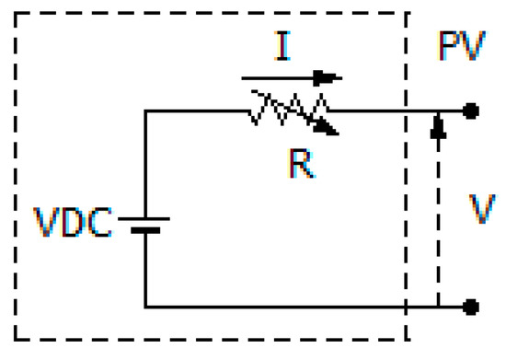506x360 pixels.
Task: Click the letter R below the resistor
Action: (300, 164)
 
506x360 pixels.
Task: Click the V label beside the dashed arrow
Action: (481, 210)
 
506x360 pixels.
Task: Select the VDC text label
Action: (73, 223)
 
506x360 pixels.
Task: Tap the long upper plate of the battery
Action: (144, 219)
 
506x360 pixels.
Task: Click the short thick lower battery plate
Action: (144, 230)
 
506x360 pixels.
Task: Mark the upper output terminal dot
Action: (471, 111)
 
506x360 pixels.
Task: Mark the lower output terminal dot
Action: (471, 306)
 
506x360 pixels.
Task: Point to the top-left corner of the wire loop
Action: (144, 111)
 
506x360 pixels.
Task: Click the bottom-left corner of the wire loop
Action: (144, 306)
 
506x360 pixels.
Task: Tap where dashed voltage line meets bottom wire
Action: (438, 306)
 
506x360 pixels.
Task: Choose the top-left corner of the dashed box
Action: (17, 14)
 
